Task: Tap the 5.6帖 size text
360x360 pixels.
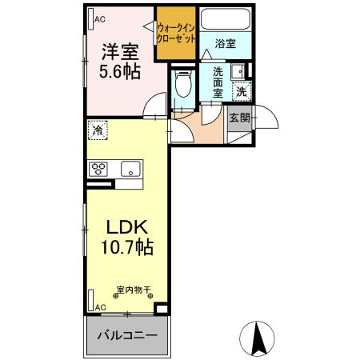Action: (120, 72)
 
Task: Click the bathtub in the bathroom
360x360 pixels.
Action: (225, 20)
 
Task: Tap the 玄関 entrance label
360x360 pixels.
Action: (239, 118)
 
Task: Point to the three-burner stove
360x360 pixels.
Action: (99, 169)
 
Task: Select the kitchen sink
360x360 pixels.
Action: (130, 169)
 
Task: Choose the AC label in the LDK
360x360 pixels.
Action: (100, 306)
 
